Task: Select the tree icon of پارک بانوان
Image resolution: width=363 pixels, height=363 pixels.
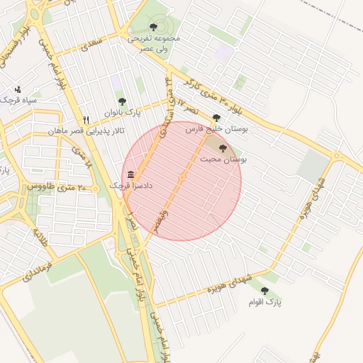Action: coord(121,101)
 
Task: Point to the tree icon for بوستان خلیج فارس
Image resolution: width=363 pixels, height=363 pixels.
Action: coord(216,118)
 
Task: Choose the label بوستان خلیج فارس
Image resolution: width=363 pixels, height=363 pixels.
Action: coord(216,130)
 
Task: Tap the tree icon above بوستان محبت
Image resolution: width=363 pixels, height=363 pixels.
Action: coord(223,148)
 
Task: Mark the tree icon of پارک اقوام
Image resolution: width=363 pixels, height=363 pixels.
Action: coord(264,291)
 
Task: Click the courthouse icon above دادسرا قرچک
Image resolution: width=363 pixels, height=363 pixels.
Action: coord(130,174)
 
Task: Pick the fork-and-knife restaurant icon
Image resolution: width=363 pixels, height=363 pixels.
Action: coord(86,120)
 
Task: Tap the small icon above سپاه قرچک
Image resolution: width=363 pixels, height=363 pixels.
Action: coord(18,89)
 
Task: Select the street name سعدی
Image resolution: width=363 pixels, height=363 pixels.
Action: coord(91,45)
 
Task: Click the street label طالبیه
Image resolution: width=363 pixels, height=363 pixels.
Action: coord(40,238)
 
